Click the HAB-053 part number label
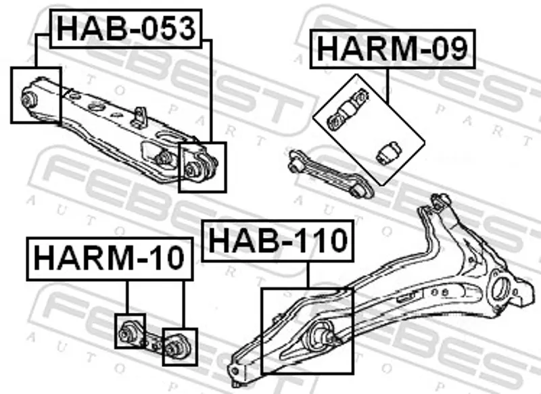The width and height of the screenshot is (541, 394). click(x=126, y=28)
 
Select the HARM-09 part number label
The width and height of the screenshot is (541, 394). click(x=393, y=49)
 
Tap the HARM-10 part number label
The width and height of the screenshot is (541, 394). click(x=110, y=259)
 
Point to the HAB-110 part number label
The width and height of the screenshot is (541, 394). click(x=278, y=241)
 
